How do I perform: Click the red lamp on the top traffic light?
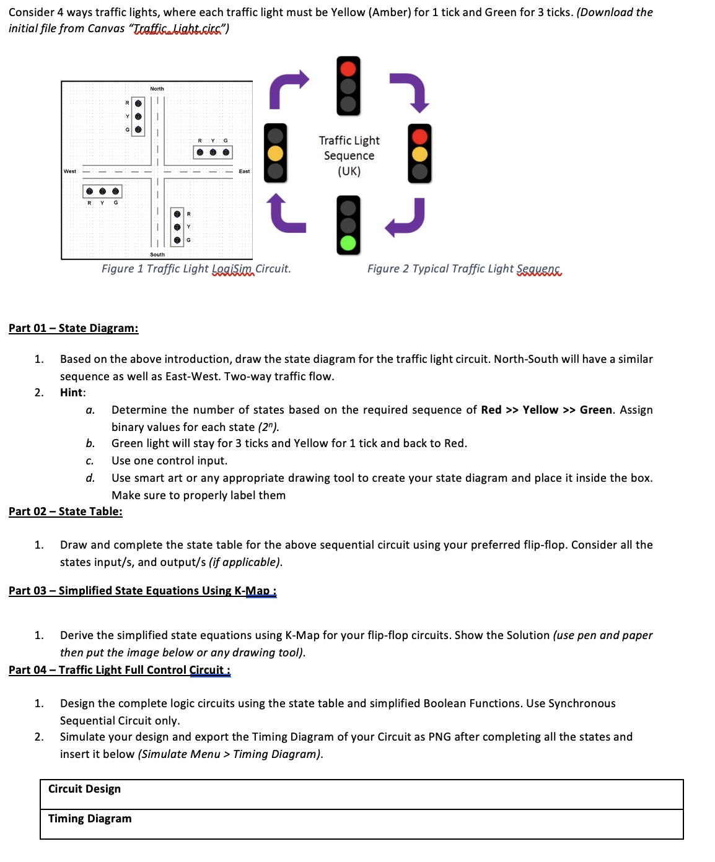348,68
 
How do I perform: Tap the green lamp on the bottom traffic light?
348,242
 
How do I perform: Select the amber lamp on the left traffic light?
275,153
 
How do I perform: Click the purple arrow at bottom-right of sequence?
406,217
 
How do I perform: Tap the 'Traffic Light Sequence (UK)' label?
349,156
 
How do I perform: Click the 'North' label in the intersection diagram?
157,89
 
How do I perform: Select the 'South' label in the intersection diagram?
157,255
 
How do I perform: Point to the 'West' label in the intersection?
70,172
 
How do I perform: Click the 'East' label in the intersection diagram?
244,172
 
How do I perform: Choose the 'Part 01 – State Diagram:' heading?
73,328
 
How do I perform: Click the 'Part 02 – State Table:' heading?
65,512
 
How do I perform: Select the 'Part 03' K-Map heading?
142,591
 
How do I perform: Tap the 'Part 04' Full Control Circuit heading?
119,670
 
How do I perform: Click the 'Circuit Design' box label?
84,789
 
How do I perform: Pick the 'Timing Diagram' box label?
90,819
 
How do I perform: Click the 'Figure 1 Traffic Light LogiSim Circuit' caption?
196,269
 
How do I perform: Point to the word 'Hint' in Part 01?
72,393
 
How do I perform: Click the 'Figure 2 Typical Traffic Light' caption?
463,269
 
